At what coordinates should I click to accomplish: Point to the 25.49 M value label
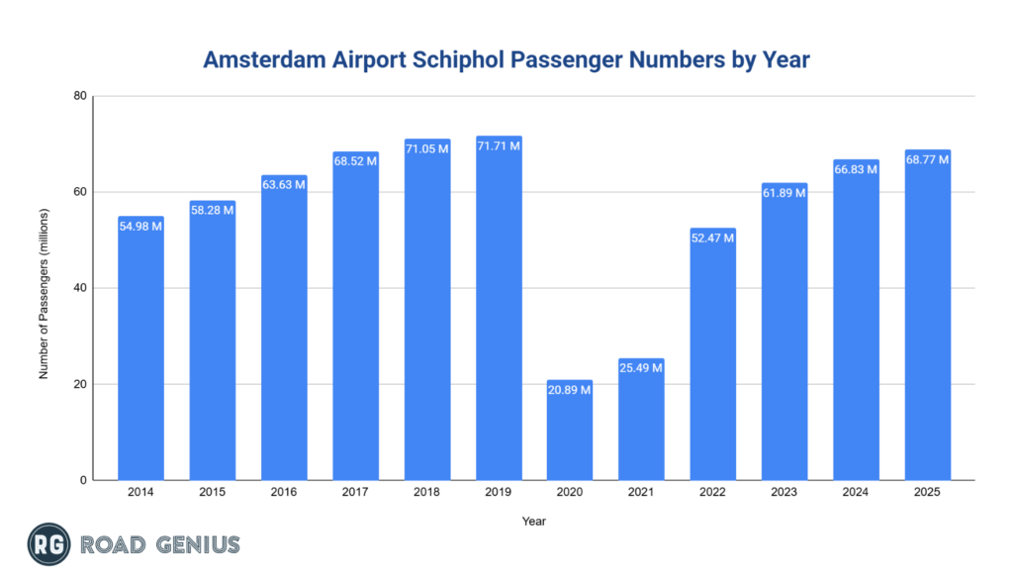(641, 368)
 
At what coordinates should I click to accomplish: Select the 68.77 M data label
(928, 159)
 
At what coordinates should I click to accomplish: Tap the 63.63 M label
(284, 185)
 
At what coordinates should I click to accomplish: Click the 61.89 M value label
(784, 193)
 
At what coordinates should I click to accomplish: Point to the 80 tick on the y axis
(80, 96)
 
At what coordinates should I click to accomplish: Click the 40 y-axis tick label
(80, 288)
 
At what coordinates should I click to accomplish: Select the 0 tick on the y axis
(84, 480)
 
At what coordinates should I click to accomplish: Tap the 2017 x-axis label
(355, 492)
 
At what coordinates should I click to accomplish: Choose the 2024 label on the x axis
(856, 492)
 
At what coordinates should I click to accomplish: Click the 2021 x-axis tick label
(641, 492)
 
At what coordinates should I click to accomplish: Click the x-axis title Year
(534, 521)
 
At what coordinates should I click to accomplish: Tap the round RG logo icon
(46, 544)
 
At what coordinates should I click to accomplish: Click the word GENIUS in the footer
(195, 544)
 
